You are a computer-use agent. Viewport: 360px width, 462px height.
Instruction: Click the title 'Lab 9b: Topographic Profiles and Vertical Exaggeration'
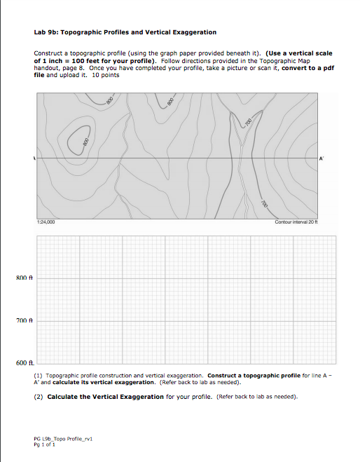(125, 32)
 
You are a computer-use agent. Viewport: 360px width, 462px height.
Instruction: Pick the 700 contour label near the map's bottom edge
(265, 204)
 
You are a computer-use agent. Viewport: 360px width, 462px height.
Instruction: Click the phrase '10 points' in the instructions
(104, 76)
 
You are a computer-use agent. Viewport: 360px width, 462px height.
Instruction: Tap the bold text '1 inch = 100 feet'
(69, 61)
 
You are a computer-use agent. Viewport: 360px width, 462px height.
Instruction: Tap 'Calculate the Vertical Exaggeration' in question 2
(105, 396)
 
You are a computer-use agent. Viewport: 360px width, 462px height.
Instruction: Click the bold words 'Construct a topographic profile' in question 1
(252, 375)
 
